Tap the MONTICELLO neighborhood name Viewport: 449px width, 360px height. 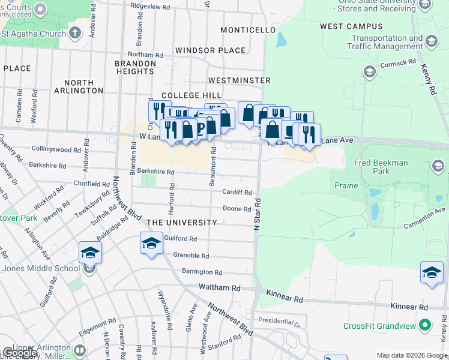(x=248, y=30)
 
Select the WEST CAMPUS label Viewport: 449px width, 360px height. (x=351, y=26)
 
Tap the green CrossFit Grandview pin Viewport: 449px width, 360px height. (x=425, y=326)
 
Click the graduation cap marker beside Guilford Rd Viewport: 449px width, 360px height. (x=151, y=243)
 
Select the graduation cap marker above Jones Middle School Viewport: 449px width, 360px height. (x=90, y=252)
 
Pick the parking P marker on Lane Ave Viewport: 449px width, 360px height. (x=201, y=127)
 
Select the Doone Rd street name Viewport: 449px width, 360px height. (x=237, y=209)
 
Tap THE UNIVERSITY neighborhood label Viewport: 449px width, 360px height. (x=182, y=223)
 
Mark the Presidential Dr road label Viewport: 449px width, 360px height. (x=279, y=323)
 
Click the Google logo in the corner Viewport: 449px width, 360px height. (x=20, y=353)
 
